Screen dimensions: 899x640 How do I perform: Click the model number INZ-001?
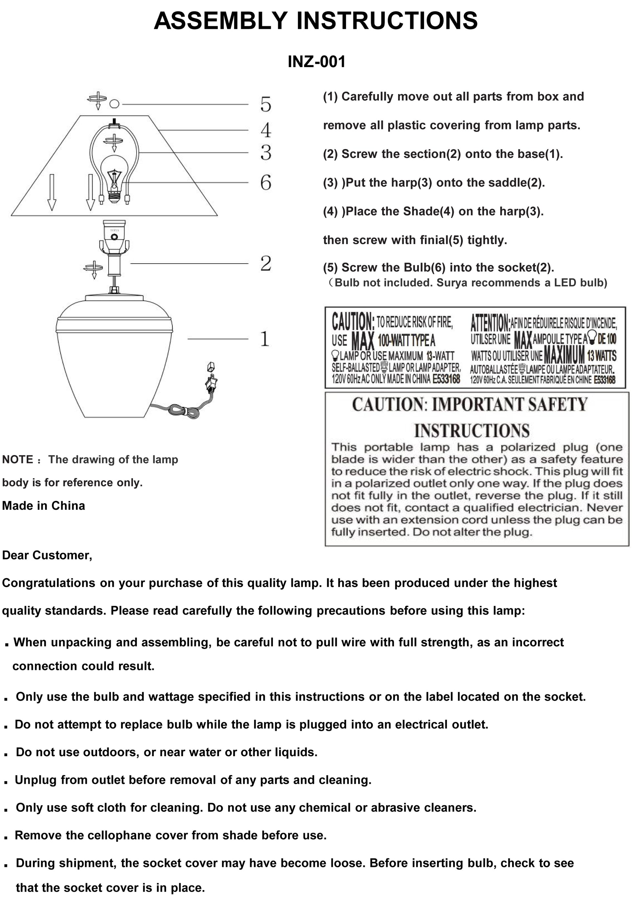point(316,62)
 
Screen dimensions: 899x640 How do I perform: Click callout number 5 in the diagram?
point(266,105)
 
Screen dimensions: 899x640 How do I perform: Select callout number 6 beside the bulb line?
point(266,183)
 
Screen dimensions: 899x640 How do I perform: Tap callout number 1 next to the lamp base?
point(265,339)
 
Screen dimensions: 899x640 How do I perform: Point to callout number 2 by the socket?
point(266,263)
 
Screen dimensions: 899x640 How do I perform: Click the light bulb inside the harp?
point(114,177)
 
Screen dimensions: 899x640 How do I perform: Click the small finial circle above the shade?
point(114,104)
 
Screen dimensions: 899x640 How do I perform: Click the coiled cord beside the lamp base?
point(185,412)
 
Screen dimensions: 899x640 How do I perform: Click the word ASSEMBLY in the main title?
point(221,21)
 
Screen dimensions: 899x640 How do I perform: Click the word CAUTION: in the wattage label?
point(353,321)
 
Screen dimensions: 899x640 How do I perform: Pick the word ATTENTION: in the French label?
point(490,323)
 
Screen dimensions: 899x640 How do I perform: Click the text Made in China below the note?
point(43,505)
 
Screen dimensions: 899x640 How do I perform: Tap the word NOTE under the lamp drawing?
point(18,459)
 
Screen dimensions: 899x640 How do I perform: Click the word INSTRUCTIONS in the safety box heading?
point(472,430)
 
